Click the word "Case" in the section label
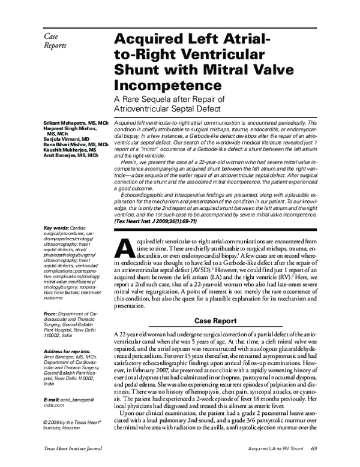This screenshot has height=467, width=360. pos(54,37)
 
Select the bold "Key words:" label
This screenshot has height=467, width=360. pos(56,228)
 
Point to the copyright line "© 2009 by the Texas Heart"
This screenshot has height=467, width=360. pos(69,405)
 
